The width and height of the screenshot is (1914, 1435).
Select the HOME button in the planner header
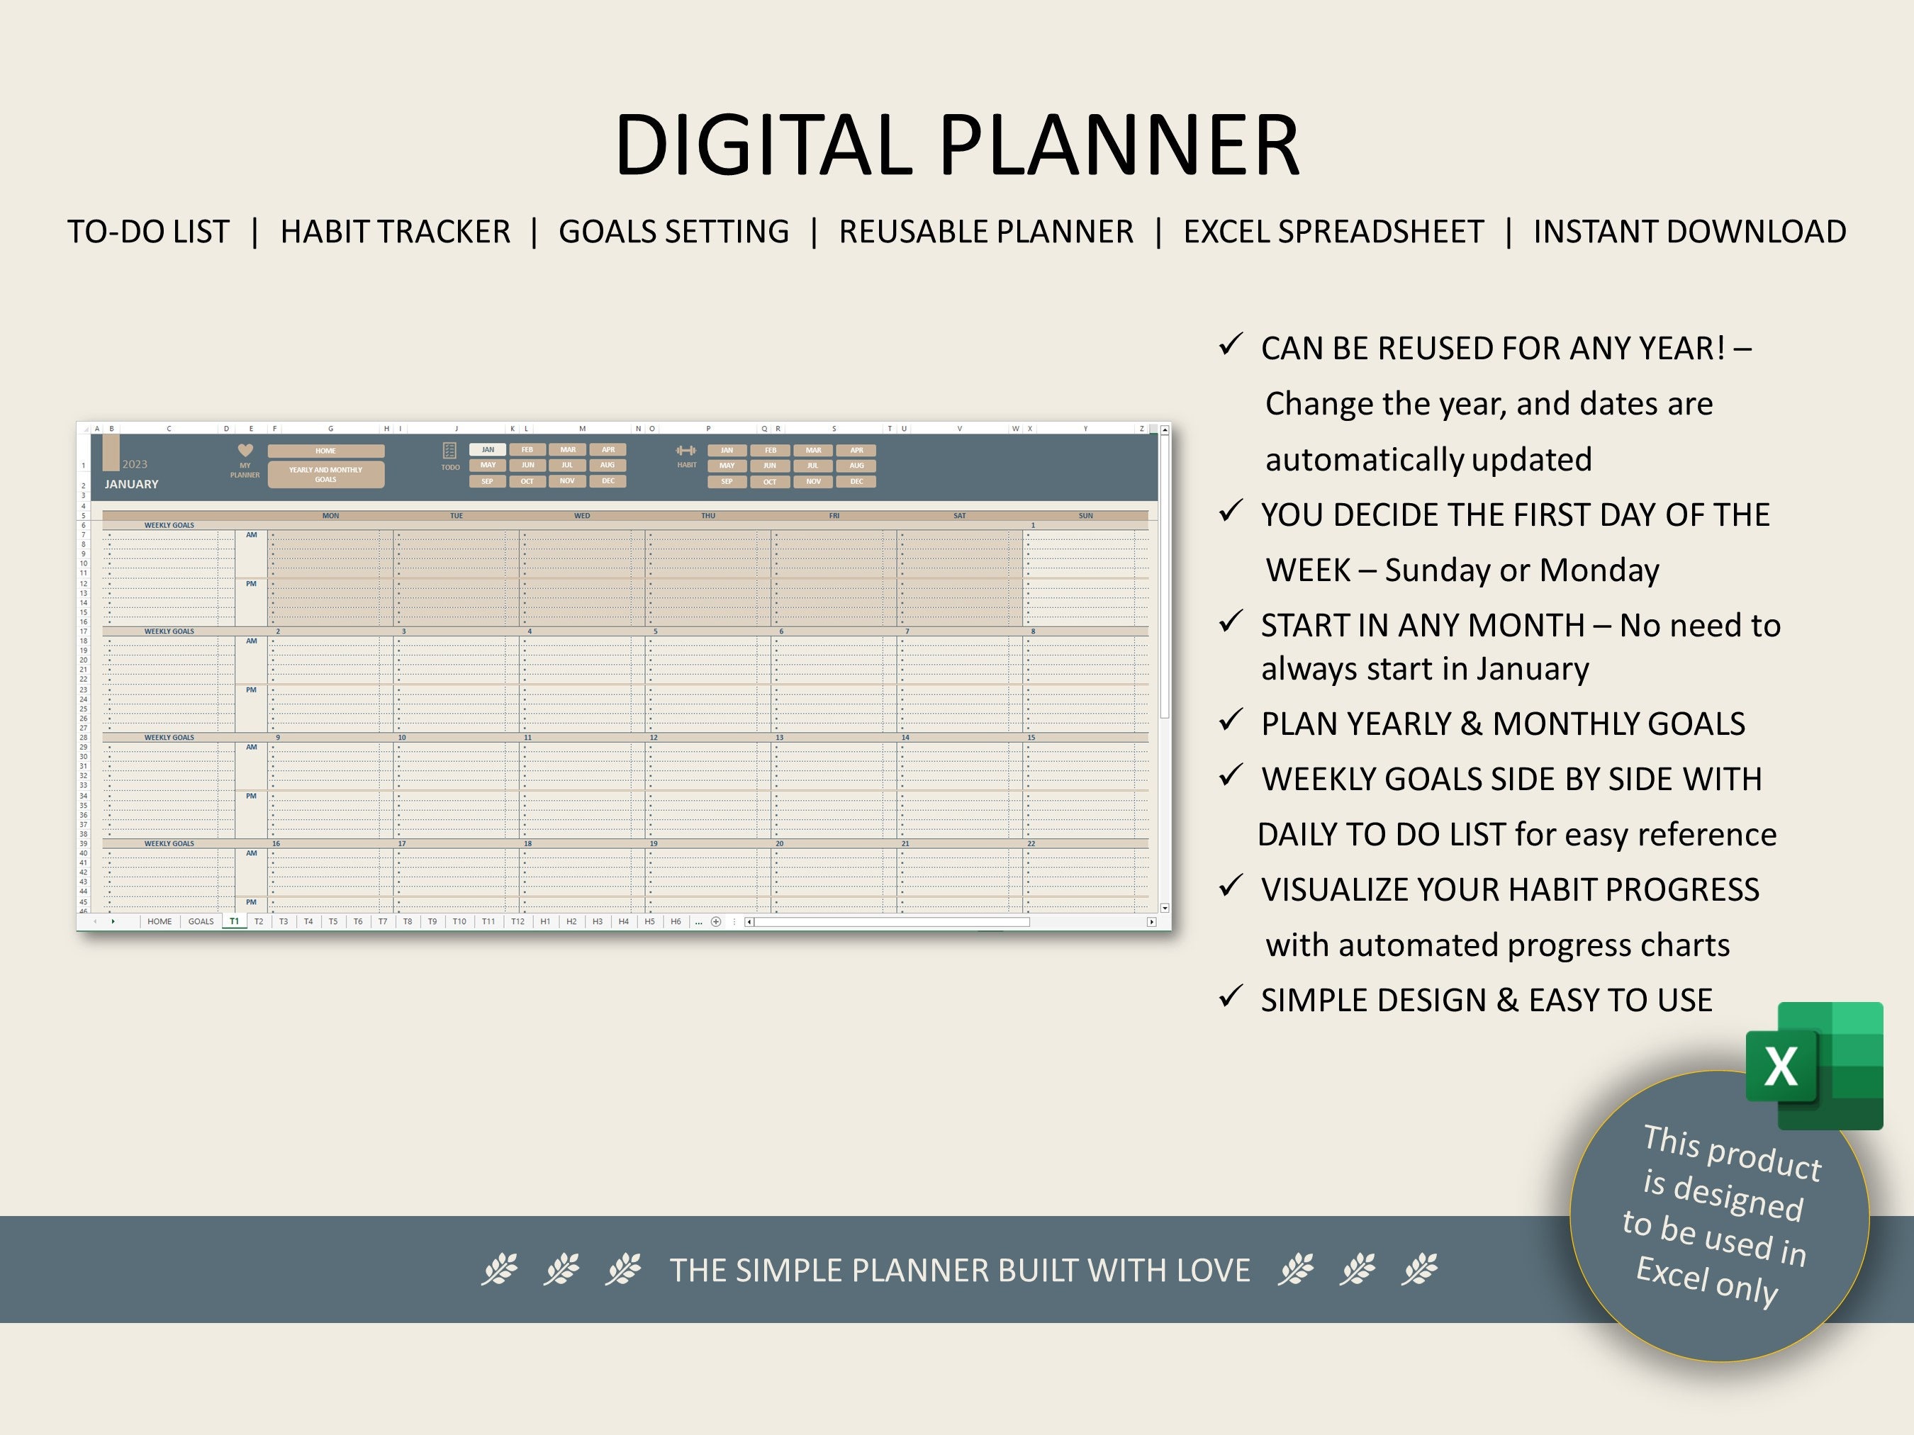(x=325, y=451)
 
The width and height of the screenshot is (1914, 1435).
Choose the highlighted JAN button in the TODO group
(x=488, y=450)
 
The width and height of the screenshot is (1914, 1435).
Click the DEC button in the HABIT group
(x=856, y=482)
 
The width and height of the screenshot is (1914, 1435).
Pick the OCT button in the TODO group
(x=527, y=482)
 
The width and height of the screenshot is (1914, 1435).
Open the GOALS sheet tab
(x=201, y=922)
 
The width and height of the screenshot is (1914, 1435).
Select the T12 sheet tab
(x=517, y=922)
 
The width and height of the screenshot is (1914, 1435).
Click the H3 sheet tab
(x=597, y=922)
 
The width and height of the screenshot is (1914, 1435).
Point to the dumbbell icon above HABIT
(x=686, y=451)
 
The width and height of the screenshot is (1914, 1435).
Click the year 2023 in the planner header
(x=135, y=464)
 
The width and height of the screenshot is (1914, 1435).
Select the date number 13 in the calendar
(x=780, y=738)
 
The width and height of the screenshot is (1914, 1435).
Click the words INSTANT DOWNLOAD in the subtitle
(x=1689, y=232)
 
